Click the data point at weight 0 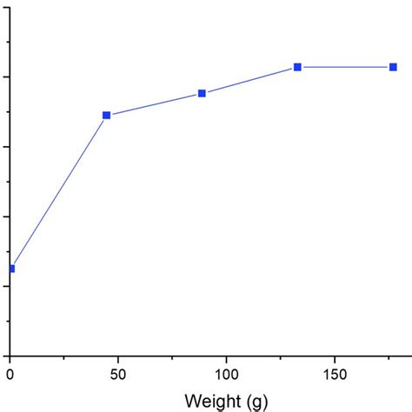click(x=10, y=269)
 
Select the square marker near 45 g click(x=107, y=115)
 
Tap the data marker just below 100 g click(x=202, y=93)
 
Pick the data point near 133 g click(x=297, y=67)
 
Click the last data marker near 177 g click(x=393, y=67)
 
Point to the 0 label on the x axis click(x=10, y=375)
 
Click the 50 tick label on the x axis click(x=117, y=375)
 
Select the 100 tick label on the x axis click(x=225, y=375)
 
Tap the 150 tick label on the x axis click(x=334, y=375)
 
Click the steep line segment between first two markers click(x=58, y=192)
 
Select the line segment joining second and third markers click(x=154, y=104)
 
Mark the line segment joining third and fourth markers click(x=249, y=80)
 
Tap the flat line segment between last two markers click(x=345, y=67)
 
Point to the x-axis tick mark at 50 click(x=117, y=359)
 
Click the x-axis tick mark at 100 click(x=225, y=359)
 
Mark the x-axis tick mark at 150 click(x=334, y=359)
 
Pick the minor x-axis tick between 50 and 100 click(x=171, y=357)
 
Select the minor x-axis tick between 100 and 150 click(x=280, y=357)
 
